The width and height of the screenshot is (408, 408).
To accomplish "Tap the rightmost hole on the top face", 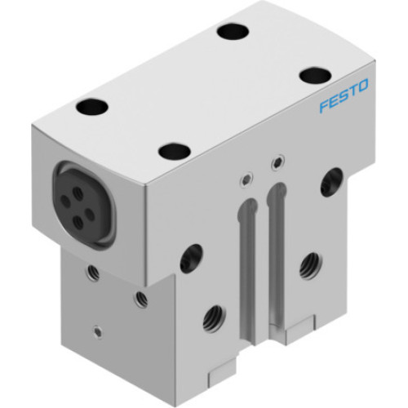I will (x=314, y=76).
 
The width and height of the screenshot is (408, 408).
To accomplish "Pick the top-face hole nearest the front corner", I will (x=174, y=151).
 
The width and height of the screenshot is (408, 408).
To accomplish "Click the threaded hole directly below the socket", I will (x=90, y=271).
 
